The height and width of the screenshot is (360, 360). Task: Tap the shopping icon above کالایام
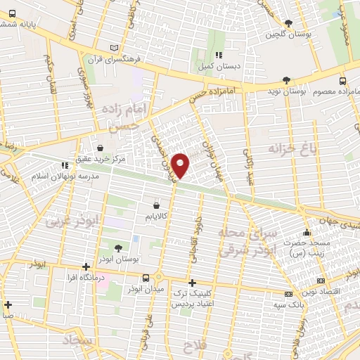155,205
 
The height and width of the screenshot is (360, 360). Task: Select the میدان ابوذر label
146,288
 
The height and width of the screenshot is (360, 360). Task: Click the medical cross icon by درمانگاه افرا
85,267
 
